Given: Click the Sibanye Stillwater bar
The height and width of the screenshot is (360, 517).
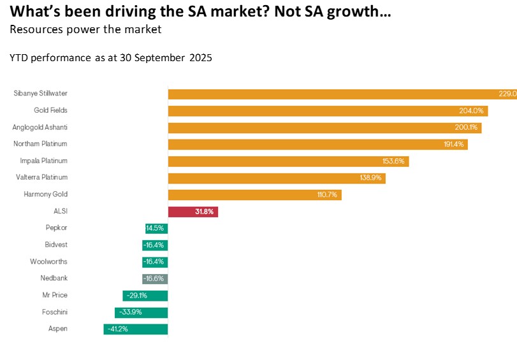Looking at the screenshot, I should point(338,94).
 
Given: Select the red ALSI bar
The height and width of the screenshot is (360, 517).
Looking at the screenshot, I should point(193,212).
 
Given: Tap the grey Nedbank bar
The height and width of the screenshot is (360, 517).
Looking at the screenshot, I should point(155,278).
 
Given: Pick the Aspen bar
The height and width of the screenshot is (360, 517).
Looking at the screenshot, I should point(136,329).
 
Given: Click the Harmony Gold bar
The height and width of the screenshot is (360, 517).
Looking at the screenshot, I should point(254,194).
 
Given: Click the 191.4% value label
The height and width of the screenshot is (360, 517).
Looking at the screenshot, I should point(454,145).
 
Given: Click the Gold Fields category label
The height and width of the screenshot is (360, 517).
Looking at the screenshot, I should point(50,110).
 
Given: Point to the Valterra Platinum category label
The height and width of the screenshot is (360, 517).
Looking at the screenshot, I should point(41,177).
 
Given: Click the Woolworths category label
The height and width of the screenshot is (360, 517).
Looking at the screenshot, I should point(48,261).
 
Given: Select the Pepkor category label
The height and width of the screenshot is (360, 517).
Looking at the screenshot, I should point(55,227).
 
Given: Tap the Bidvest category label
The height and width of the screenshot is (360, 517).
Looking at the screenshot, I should point(55,245).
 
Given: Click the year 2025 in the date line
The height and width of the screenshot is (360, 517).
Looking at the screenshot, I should point(200,58).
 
